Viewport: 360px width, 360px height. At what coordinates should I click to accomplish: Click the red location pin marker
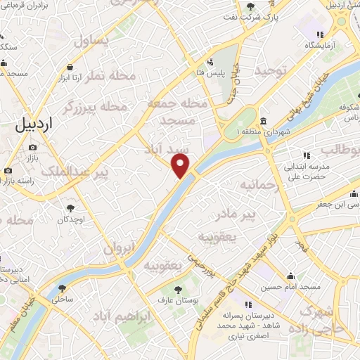point(181,166)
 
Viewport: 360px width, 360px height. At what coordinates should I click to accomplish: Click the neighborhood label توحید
point(271,70)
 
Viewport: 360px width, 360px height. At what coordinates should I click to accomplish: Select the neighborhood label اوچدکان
point(71,220)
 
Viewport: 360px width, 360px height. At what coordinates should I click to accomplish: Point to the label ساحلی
point(63,300)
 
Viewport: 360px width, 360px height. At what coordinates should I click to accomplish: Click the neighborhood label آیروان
point(118,247)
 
